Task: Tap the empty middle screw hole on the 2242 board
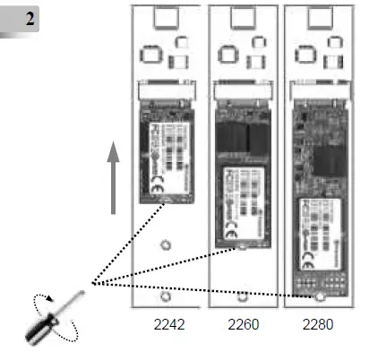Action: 164,244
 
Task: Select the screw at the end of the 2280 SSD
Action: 318,296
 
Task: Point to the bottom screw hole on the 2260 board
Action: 243,296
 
